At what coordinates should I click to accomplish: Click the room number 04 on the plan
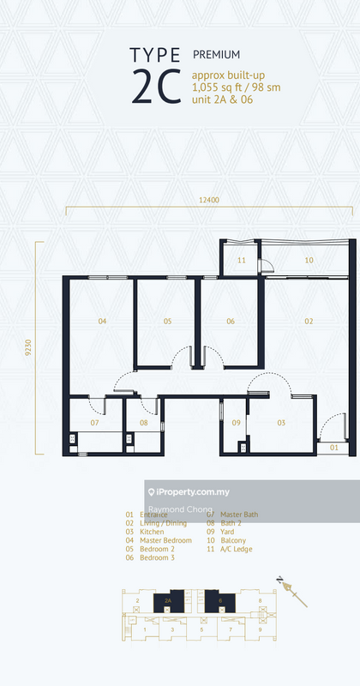[x=102, y=322]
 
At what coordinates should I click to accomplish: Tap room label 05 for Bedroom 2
[x=168, y=322]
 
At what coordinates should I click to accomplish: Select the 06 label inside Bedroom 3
[x=231, y=322]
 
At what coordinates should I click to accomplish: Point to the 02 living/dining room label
[x=309, y=322]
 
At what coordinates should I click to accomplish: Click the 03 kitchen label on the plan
[x=280, y=423]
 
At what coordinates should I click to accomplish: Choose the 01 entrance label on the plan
[x=334, y=447]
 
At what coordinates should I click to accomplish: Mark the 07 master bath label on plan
[x=95, y=423]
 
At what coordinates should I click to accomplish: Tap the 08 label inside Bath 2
[x=144, y=423]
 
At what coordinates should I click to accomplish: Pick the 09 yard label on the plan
[x=237, y=423]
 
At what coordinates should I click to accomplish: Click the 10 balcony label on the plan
[x=309, y=260]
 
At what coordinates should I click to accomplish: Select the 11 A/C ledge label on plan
[x=242, y=260]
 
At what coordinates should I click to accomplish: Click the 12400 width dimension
[x=207, y=200]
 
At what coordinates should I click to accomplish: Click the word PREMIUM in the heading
[x=217, y=53]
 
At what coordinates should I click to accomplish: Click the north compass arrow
[x=293, y=591]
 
